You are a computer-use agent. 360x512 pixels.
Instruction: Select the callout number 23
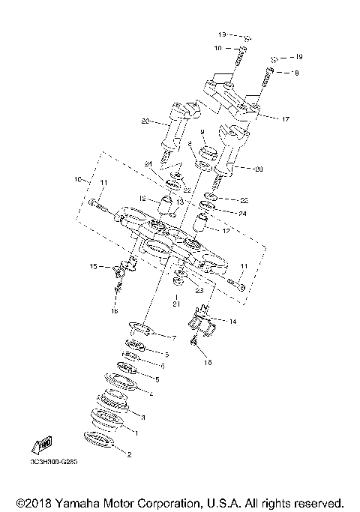(x=199, y=289)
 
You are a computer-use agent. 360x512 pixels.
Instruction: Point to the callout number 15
(x=94, y=265)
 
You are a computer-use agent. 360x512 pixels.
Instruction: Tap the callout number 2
(x=128, y=454)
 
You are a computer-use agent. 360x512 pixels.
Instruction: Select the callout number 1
(x=136, y=433)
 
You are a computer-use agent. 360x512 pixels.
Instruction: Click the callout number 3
(x=142, y=417)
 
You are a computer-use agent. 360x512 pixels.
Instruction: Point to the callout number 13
(x=179, y=202)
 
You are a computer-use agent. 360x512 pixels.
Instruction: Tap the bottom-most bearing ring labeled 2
(x=100, y=442)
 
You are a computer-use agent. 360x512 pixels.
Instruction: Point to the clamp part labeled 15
(x=123, y=268)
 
